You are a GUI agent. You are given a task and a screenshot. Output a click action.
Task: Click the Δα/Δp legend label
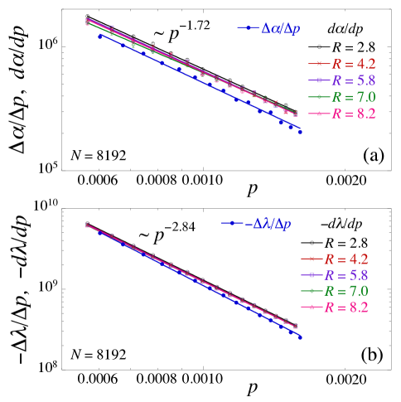pos(281,29)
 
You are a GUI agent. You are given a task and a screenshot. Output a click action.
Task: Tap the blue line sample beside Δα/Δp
pos(249,28)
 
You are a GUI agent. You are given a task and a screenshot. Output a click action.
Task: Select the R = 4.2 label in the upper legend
pos(354,64)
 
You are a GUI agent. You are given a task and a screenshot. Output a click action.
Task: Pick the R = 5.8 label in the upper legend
pos(354,80)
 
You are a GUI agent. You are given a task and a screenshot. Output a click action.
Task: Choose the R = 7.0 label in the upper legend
pos(354,97)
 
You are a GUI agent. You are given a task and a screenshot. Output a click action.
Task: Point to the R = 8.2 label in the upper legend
pos(354,114)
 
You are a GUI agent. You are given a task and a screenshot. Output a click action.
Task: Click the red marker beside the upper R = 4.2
pos(319,64)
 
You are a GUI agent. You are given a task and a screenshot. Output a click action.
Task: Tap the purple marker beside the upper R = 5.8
pos(319,80)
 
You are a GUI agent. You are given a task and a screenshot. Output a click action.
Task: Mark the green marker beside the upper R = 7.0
pos(319,97)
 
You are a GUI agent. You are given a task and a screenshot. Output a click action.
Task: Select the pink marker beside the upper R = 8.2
pos(319,114)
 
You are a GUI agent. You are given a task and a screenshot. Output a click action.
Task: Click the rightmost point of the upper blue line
pos(300,132)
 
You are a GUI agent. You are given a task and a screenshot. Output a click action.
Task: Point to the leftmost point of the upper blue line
pos(100,36)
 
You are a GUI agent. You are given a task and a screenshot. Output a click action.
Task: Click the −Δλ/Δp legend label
pos(273,224)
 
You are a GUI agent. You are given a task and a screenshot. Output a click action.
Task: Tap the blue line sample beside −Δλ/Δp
pos(234,223)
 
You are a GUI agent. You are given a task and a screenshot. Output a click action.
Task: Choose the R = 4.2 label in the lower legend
pos(346,259)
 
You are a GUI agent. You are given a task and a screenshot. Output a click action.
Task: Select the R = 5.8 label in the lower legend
pos(346,275)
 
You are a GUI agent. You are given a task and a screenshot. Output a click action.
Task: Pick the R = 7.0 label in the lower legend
pos(346,291)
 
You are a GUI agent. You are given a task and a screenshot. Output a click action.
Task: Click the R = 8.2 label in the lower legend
pos(346,307)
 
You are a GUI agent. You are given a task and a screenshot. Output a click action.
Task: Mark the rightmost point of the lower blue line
pos(300,337)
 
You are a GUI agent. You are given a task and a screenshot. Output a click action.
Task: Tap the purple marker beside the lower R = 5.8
pos(312,275)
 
